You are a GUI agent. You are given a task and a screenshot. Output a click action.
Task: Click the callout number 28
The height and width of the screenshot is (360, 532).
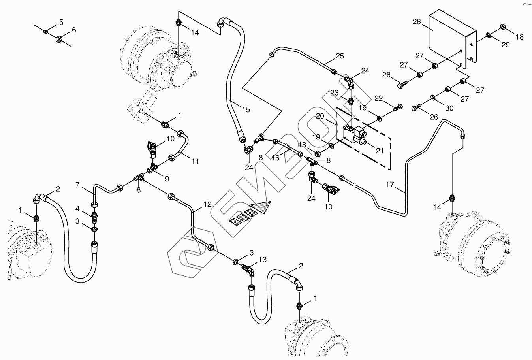(417, 21)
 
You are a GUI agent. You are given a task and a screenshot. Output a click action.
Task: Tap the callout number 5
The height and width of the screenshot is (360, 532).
(61, 22)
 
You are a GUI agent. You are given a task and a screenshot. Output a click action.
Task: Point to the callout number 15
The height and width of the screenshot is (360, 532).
(246, 110)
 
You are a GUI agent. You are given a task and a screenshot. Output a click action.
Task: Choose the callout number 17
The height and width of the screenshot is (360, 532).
(390, 185)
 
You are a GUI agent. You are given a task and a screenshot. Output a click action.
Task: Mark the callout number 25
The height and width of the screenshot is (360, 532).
(340, 56)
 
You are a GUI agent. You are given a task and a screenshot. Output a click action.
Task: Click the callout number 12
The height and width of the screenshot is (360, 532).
(207, 204)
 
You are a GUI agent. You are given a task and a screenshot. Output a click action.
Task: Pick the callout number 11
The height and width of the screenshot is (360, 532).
(195, 161)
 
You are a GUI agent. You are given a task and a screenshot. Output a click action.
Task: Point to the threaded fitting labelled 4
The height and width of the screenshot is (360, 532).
(94, 217)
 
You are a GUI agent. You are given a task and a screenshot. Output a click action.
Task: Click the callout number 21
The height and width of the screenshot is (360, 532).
(380, 151)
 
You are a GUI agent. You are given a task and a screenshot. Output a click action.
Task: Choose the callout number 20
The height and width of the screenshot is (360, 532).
(320, 116)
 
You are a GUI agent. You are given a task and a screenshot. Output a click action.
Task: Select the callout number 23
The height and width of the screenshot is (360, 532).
(335, 93)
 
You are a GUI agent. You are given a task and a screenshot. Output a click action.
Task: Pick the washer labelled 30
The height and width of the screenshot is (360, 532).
(433, 97)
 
